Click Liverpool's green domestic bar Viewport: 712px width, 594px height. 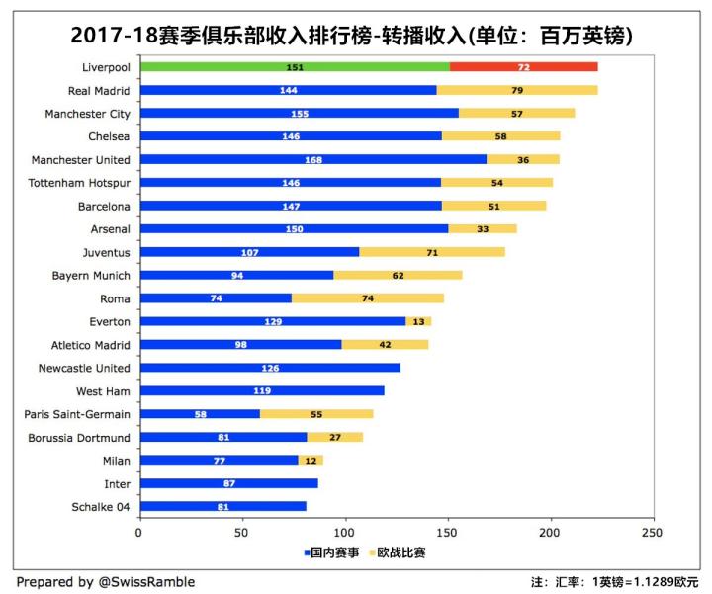click(294, 67)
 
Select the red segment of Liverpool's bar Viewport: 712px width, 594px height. click(523, 67)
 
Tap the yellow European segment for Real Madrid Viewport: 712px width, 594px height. click(517, 90)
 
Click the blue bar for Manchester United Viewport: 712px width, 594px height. click(312, 159)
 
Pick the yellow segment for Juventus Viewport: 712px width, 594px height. click(431, 252)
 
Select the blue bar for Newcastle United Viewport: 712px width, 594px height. click(269, 368)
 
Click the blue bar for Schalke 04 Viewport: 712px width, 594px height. click(222, 507)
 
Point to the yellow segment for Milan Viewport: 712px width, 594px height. click(311, 461)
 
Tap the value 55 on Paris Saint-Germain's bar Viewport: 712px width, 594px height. click(316, 414)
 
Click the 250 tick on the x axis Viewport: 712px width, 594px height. click(652, 532)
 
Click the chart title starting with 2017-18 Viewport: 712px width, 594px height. click(352, 34)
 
